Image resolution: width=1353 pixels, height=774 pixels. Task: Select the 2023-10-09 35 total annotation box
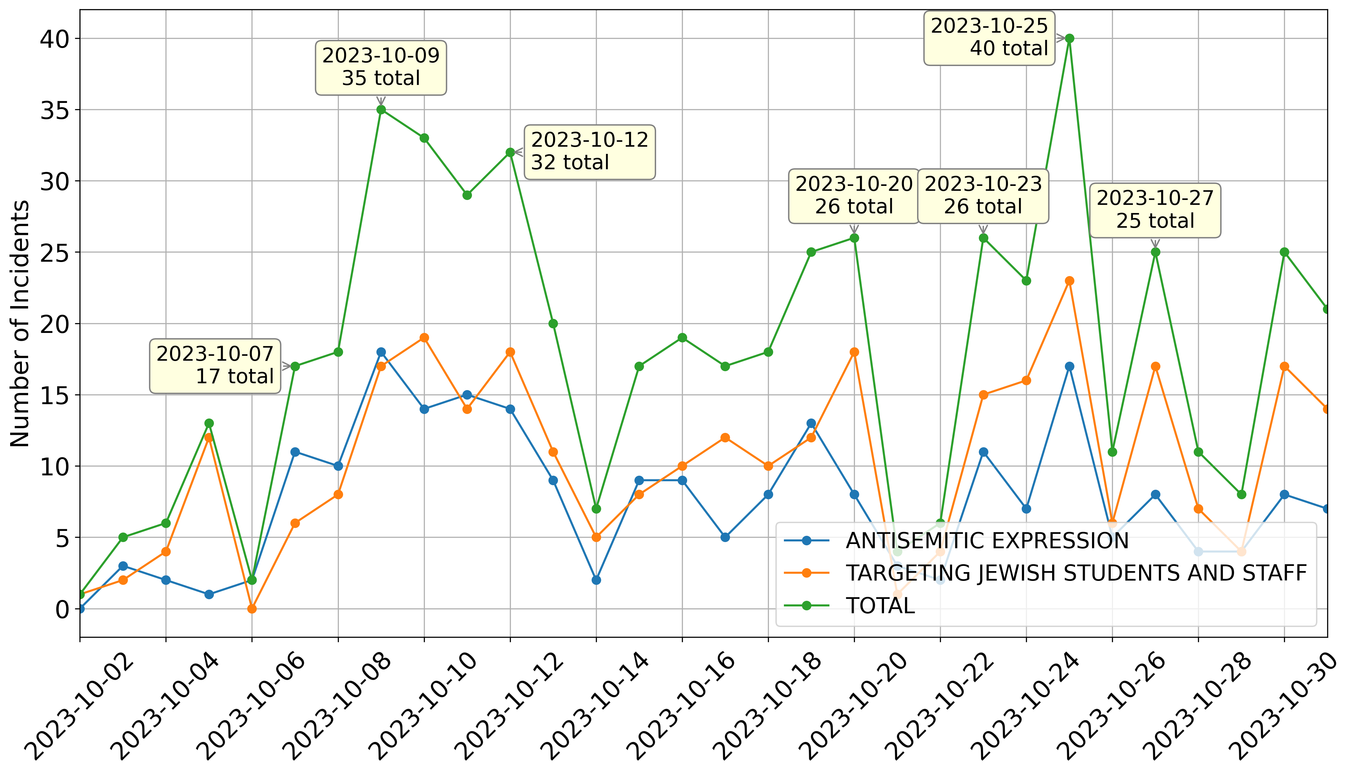[x=381, y=68]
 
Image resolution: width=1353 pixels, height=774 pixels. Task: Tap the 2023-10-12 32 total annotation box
[x=590, y=152]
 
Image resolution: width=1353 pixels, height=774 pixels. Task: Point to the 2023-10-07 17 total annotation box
[x=215, y=366]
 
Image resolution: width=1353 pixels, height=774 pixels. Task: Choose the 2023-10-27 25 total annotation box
[x=1155, y=210]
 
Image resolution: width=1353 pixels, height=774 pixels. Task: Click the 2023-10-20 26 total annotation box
[x=854, y=196]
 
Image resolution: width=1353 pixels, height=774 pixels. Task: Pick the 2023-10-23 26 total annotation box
[x=983, y=196]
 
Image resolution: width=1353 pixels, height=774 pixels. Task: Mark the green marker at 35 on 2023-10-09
[x=381, y=109]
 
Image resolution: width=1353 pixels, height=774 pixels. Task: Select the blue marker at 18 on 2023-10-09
[x=381, y=352]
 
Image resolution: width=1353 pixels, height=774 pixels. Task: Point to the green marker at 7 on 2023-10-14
[x=596, y=509]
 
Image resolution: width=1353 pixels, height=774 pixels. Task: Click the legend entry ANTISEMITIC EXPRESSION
[x=987, y=541]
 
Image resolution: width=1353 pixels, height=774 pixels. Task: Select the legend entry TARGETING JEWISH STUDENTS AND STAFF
[x=1076, y=573]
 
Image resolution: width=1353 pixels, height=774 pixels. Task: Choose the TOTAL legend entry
[x=880, y=605]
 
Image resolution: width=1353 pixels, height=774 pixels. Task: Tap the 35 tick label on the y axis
[x=55, y=110]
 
